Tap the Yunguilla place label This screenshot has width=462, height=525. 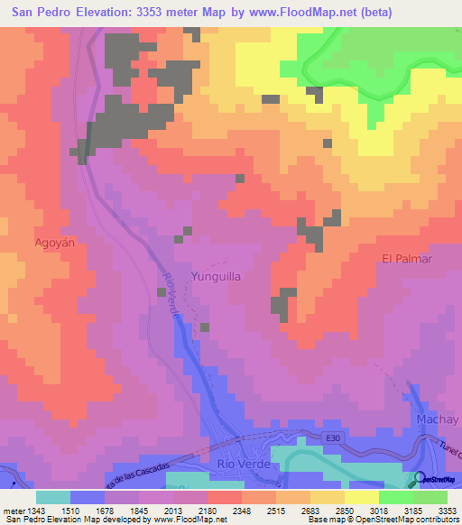(x=216, y=278)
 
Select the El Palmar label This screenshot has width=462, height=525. (x=408, y=259)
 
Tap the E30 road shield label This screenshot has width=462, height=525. (x=334, y=437)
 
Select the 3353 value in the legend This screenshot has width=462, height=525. (x=447, y=510)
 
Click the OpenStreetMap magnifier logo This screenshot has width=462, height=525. (x=420, y=479)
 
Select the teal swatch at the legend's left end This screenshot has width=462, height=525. (x=53, y=497)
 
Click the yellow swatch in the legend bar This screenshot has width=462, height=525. (x=361, y=497)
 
